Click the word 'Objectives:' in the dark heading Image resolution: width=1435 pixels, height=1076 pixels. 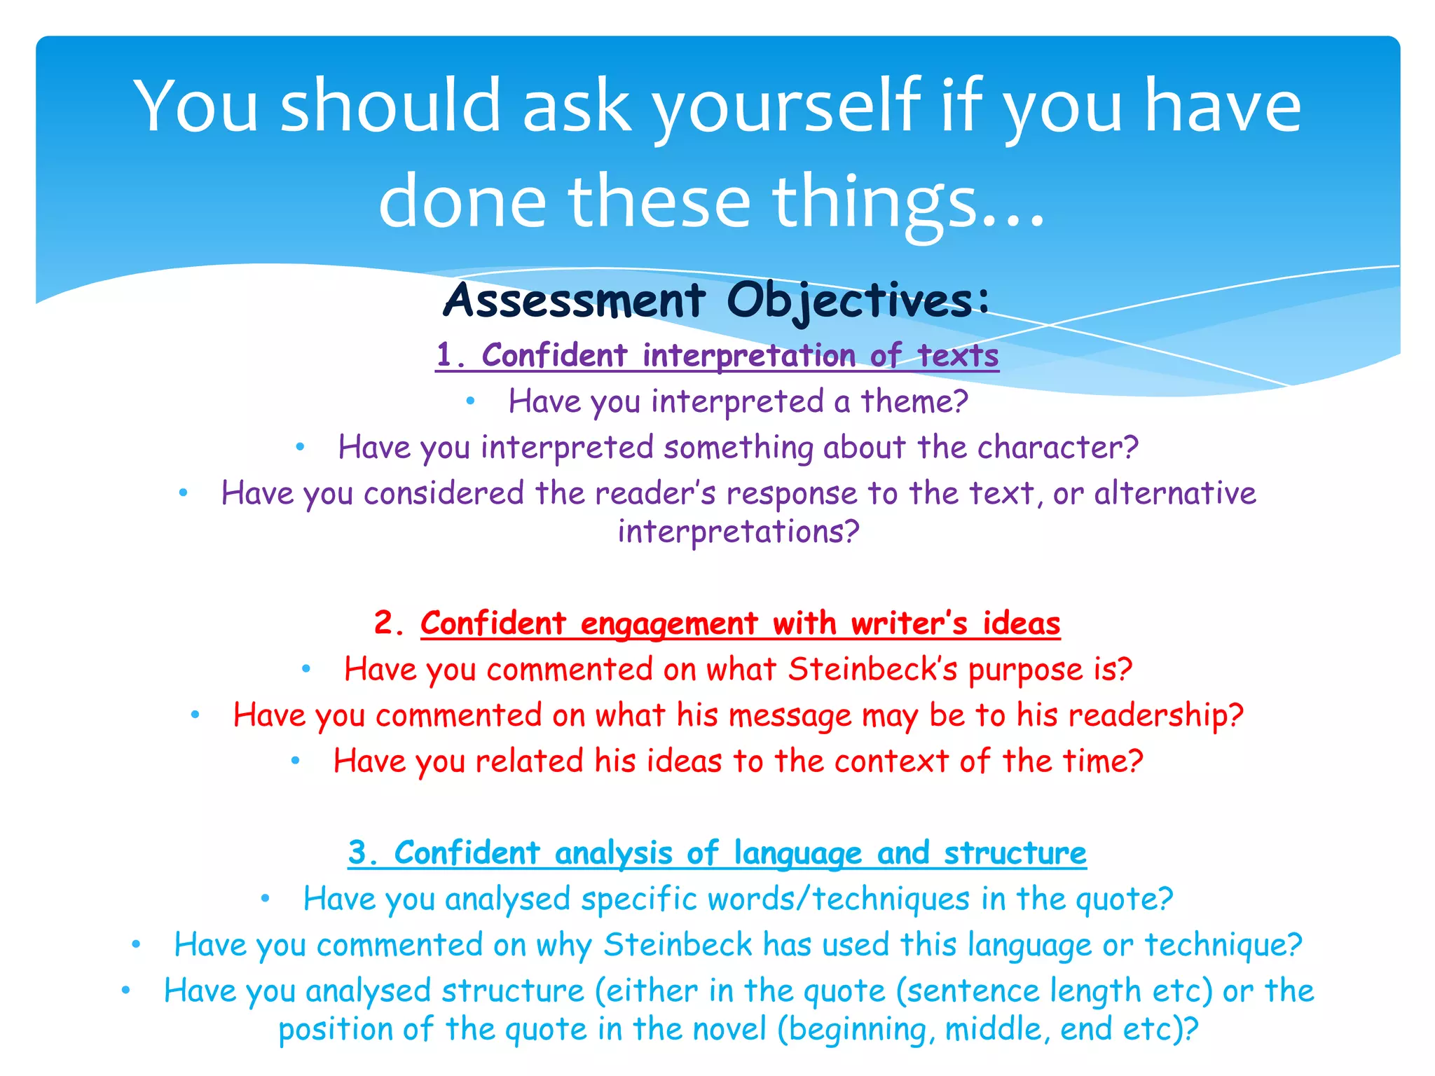(x=858, y=301)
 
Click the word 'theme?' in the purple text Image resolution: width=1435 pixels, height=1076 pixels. (x=914, y=402)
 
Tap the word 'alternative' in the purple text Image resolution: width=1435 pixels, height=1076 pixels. (x=1175, y=493)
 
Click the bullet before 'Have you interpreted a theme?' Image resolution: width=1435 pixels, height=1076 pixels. (x=471, y=401)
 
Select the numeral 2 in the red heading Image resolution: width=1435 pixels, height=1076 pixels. (x=385, y=623)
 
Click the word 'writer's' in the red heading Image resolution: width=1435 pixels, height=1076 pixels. (x=909, y=623)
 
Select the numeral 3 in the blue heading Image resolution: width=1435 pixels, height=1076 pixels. (x=359, y=853)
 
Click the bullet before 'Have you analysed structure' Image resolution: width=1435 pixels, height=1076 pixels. (x=126, y=991)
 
